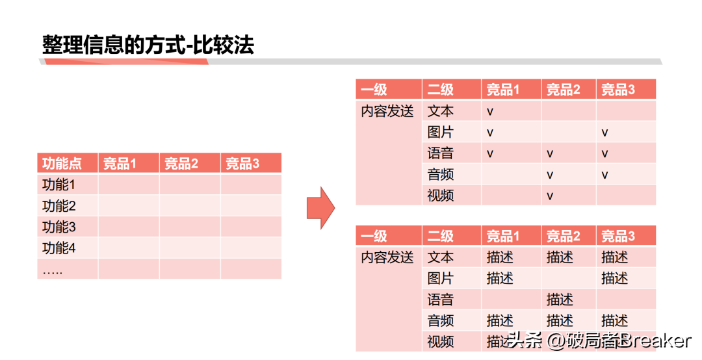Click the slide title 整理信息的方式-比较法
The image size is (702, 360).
(148, 45)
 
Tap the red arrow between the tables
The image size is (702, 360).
(320, 207)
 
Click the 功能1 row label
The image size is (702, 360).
(59, 185)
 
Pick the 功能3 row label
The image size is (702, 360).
(59, 227)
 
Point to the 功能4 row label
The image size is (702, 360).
(59, 248)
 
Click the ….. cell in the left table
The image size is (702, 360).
(53, 270)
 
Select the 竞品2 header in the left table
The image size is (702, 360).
(181, 164)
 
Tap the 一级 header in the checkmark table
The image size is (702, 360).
(374, 90)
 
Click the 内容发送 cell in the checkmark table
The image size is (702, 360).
(387, 111)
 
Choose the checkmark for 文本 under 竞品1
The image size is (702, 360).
(490, 112)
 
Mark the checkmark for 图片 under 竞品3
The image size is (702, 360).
(604, 133)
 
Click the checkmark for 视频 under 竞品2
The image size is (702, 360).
(550, 196)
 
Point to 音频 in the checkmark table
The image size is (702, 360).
(441, 174)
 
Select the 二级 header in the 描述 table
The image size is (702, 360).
(441, 236)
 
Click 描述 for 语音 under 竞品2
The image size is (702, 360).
(560, 300)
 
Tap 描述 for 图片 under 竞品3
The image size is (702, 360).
(615, 279)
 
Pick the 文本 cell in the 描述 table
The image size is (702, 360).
(441, 257)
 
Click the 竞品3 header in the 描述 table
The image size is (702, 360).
(618, 236)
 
